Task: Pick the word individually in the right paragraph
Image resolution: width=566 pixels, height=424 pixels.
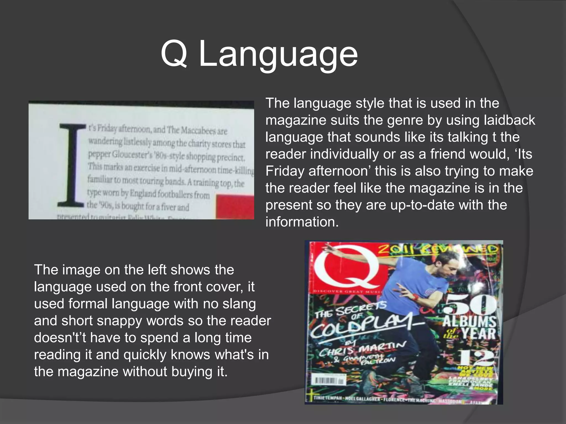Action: [344, 154]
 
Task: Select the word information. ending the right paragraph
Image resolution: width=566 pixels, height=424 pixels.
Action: [302, 222]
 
